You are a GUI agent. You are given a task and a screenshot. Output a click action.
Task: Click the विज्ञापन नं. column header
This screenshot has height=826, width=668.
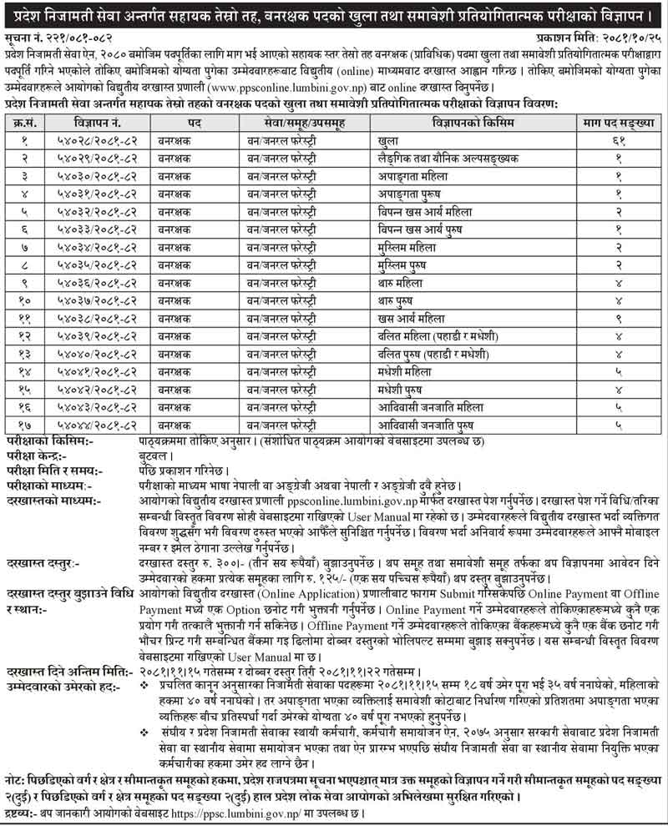click(99, 123)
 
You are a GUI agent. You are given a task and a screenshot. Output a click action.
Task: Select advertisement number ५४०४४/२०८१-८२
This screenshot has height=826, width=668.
click(99, 426)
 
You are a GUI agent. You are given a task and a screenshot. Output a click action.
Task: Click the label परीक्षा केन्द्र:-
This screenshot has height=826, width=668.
click(42, 456)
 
